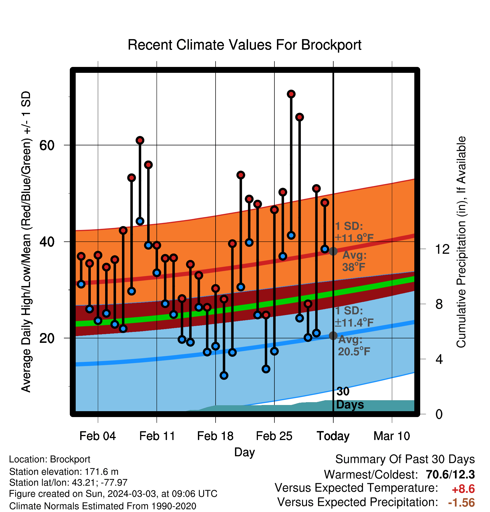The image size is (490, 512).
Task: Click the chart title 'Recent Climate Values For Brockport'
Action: click(x=244, y=45)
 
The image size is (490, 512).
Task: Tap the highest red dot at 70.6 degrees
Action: click(x=291, y=94)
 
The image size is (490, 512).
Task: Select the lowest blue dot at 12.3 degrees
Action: click(x=224, y=375)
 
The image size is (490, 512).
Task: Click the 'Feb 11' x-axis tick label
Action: click(x=157, y=436)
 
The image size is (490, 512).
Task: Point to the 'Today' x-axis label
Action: click(x=333, y=436)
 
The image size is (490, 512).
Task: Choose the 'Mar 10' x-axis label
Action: click(x=392, y=436)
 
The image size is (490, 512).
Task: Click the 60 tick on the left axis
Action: click(x=47, y=145)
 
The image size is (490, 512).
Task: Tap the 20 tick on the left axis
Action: click(x=47, y=338)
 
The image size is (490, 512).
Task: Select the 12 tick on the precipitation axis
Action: click(x=442, y=249)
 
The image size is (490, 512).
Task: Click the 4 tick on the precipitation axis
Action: click(x=439, y=359)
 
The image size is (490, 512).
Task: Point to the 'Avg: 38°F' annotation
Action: click(x=354, y=261)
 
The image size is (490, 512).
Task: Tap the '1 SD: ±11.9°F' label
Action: click(x=354, y=232)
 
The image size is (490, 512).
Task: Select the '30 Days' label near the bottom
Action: click(x=350, y=398)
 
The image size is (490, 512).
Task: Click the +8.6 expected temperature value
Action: click(x=463, y=489)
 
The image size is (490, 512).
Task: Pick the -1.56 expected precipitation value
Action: click(x=461, y=502)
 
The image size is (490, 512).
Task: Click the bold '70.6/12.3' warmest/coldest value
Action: click(x=450, y=474)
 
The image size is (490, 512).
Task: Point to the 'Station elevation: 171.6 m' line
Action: click(x=64, y=472)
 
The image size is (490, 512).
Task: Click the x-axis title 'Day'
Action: click(x=244, y=452)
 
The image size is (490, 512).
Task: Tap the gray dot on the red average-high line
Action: click(x=333, y=251)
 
